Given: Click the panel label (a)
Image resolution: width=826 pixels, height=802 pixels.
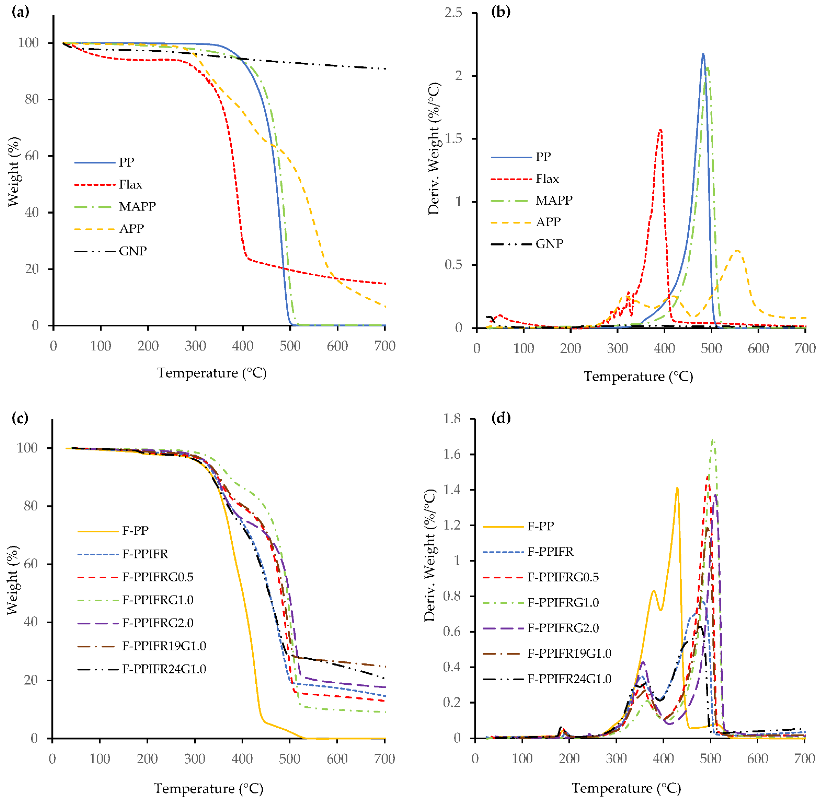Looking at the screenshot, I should (20, 12).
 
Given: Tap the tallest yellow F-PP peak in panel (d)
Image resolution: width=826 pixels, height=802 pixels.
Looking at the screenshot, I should (677, 488).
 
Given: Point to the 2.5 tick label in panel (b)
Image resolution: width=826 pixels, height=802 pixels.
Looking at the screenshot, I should (453, 13).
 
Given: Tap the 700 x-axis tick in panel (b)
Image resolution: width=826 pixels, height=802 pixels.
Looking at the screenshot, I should (805, 348).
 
